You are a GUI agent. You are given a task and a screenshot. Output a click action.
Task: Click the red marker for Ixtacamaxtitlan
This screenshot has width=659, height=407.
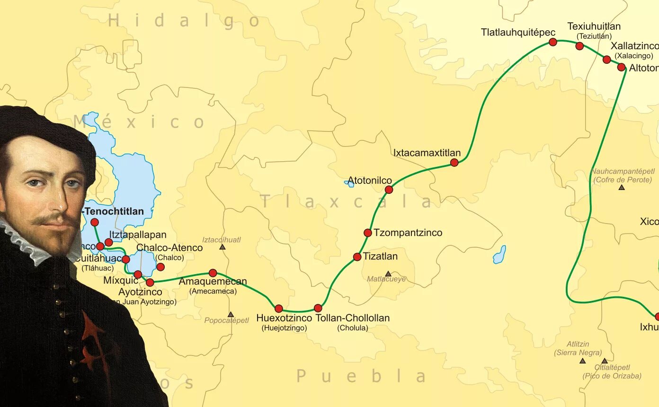pyautogui.click(x=454, y=163)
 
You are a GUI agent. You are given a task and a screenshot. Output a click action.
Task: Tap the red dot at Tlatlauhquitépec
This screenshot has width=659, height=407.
pyautogui.click(x=553, y=42)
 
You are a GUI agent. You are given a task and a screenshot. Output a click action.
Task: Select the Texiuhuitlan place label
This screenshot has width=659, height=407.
pyautogui.click(x=594, y=26)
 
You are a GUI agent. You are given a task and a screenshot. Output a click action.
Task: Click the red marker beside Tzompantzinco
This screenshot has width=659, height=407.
pyautogui.click(x=368, y=233)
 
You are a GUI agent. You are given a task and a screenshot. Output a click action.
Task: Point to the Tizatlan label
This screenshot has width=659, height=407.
pyautogui.click(x=380, y=257)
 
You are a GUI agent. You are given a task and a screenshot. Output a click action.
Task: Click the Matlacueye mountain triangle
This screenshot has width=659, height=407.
pyautogui.click(x=388, y=274)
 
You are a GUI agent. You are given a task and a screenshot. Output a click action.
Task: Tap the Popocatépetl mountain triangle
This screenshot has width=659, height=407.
pyautogui.click(x=231, y=314)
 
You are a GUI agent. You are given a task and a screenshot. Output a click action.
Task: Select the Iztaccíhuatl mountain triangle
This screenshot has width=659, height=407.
pyautogui.click(x=223, y=247)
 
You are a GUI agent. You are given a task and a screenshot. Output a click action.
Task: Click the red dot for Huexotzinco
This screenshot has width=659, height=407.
pyautogui.click(x=279, y=309)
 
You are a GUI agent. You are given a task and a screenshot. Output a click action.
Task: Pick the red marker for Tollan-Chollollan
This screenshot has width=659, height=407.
pyautogui.click(x=318, y=308)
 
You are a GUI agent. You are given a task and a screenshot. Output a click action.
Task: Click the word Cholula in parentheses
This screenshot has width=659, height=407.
pyautogui.click(x=352, y=328)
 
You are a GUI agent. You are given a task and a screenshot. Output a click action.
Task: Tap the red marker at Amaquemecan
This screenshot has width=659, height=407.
pyautogui.click(x=213, y=273)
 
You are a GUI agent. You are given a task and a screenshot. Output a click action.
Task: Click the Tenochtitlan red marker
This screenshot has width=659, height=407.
pyautogui.click(x=95, y=222)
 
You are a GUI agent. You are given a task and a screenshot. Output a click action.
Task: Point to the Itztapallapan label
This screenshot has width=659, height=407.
pyautogui.click(x=138, y=235)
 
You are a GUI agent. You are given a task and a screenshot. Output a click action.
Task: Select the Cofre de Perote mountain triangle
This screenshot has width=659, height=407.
pyautogui.click(x=622, y=188)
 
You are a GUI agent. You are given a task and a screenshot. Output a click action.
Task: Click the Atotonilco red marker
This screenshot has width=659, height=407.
pyautogui.click(x=389, y=190)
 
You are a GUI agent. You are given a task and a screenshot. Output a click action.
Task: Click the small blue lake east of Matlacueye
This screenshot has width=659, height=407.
pyautogui.click(x=499, y=255)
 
